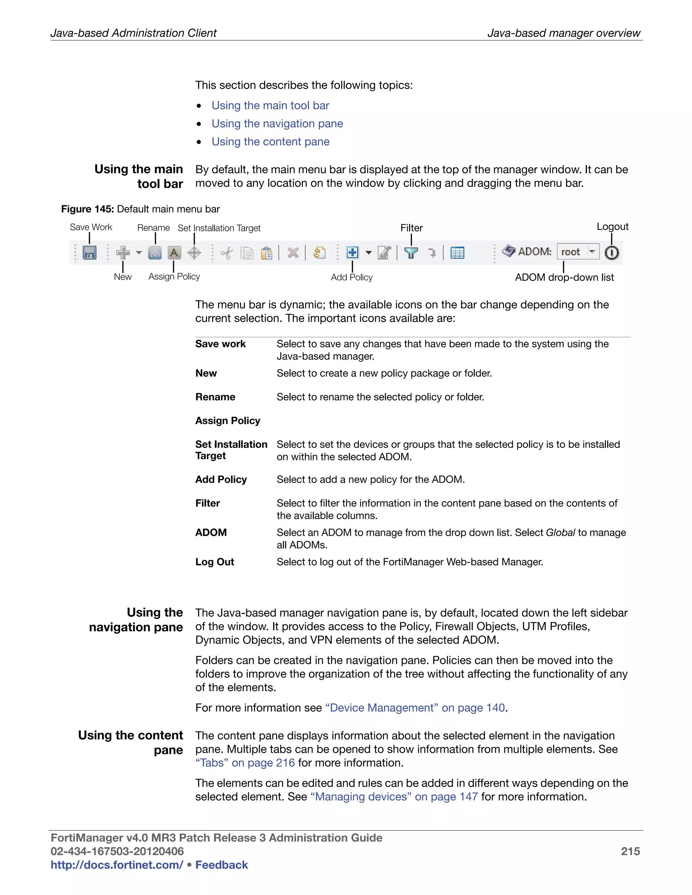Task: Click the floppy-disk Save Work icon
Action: (x=89, y=252)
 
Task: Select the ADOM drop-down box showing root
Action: (x=577, y=252)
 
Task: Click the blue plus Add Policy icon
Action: (x=352, y=252)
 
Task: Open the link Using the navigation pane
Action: (x=277, y=124)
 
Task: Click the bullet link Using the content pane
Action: (x=270, y=142)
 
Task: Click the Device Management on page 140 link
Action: (x=415, y=708)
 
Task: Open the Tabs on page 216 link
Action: (x=245, y=763)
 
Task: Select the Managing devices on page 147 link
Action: (x=394, y=797)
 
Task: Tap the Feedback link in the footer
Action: (x=221, y=865)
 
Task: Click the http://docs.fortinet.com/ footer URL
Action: (x=117, y=865)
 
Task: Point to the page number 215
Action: (x=630, y=851)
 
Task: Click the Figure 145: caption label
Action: (x=87, y=209)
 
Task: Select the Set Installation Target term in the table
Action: (x=231, y=450)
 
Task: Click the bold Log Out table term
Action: (x=215, y=562)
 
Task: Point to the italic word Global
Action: (x=560, y=532)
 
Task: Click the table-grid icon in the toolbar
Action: (x=457, y=253)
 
